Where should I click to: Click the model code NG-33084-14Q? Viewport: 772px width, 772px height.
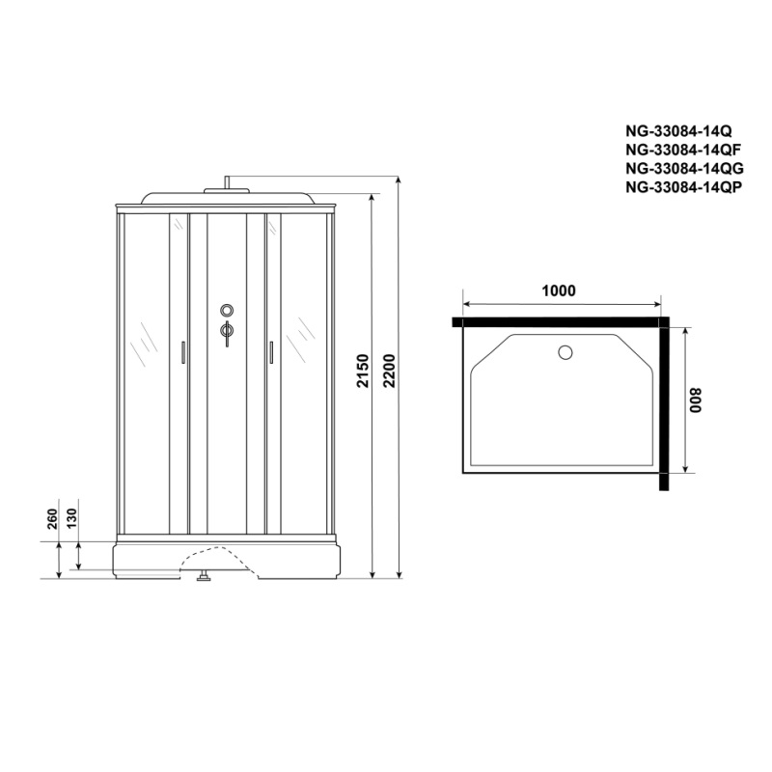678,131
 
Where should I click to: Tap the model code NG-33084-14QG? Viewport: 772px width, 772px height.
684,168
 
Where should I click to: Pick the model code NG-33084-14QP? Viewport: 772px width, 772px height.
683,187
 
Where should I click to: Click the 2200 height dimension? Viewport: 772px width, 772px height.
389,371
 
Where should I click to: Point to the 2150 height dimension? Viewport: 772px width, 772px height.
363,371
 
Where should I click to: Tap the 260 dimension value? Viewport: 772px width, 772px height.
52,518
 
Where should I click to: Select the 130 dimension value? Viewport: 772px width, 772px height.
71,518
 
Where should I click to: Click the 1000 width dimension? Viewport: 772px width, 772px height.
559,291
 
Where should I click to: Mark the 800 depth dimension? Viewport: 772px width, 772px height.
695,400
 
